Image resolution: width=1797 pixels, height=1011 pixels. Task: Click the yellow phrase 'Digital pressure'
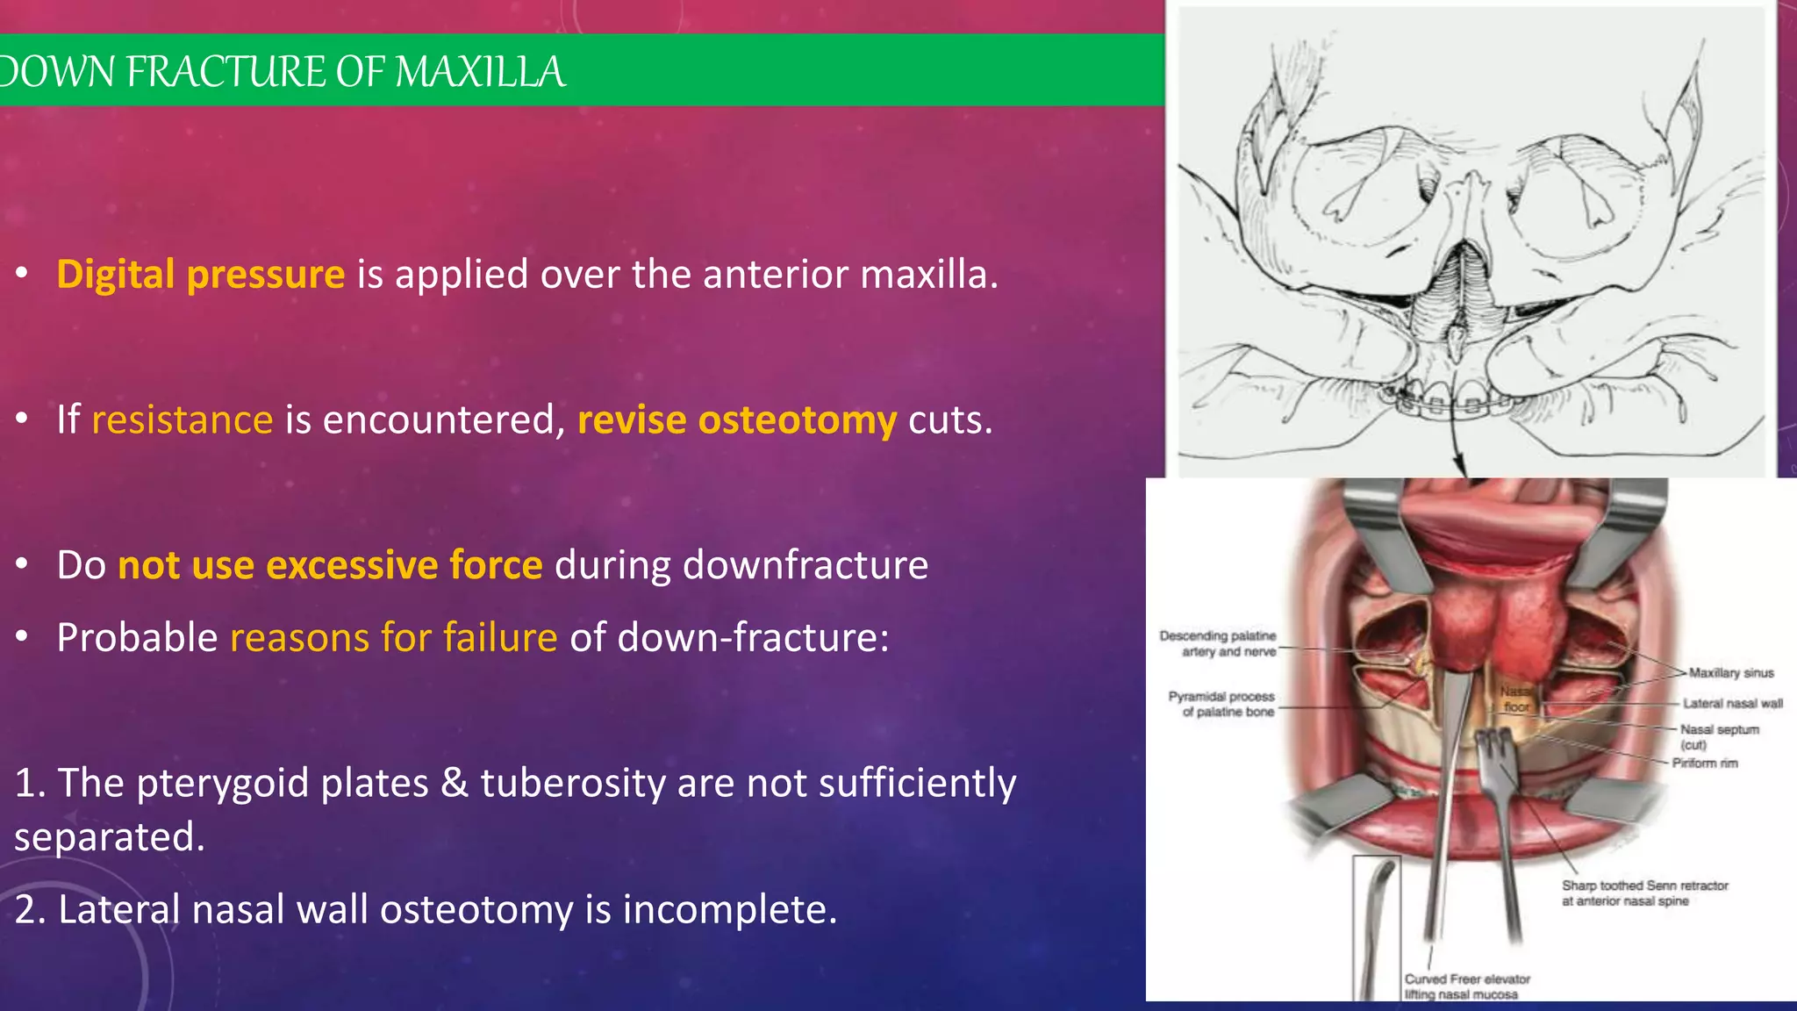200,275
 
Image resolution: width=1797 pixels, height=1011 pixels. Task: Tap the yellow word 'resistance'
182,419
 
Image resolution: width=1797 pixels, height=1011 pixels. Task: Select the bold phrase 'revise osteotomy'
736,419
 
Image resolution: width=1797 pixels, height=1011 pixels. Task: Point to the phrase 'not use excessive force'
330,565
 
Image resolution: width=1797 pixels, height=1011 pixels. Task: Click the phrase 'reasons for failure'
393,637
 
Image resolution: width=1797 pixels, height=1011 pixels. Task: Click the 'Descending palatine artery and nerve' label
1218,643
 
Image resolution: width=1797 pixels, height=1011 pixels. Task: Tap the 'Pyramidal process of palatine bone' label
1221,704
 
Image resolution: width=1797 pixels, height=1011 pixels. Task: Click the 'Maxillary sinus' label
1730,673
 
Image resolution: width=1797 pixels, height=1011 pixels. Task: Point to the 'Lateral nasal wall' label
1732,704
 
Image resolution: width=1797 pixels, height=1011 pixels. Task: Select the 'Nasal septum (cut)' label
1718,735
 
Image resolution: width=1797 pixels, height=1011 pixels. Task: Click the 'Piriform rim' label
1704,764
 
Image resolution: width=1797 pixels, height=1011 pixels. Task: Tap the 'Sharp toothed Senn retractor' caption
1643,893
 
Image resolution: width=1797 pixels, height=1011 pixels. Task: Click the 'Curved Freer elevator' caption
1466,986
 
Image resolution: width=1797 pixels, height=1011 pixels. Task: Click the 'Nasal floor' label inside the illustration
1515,699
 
